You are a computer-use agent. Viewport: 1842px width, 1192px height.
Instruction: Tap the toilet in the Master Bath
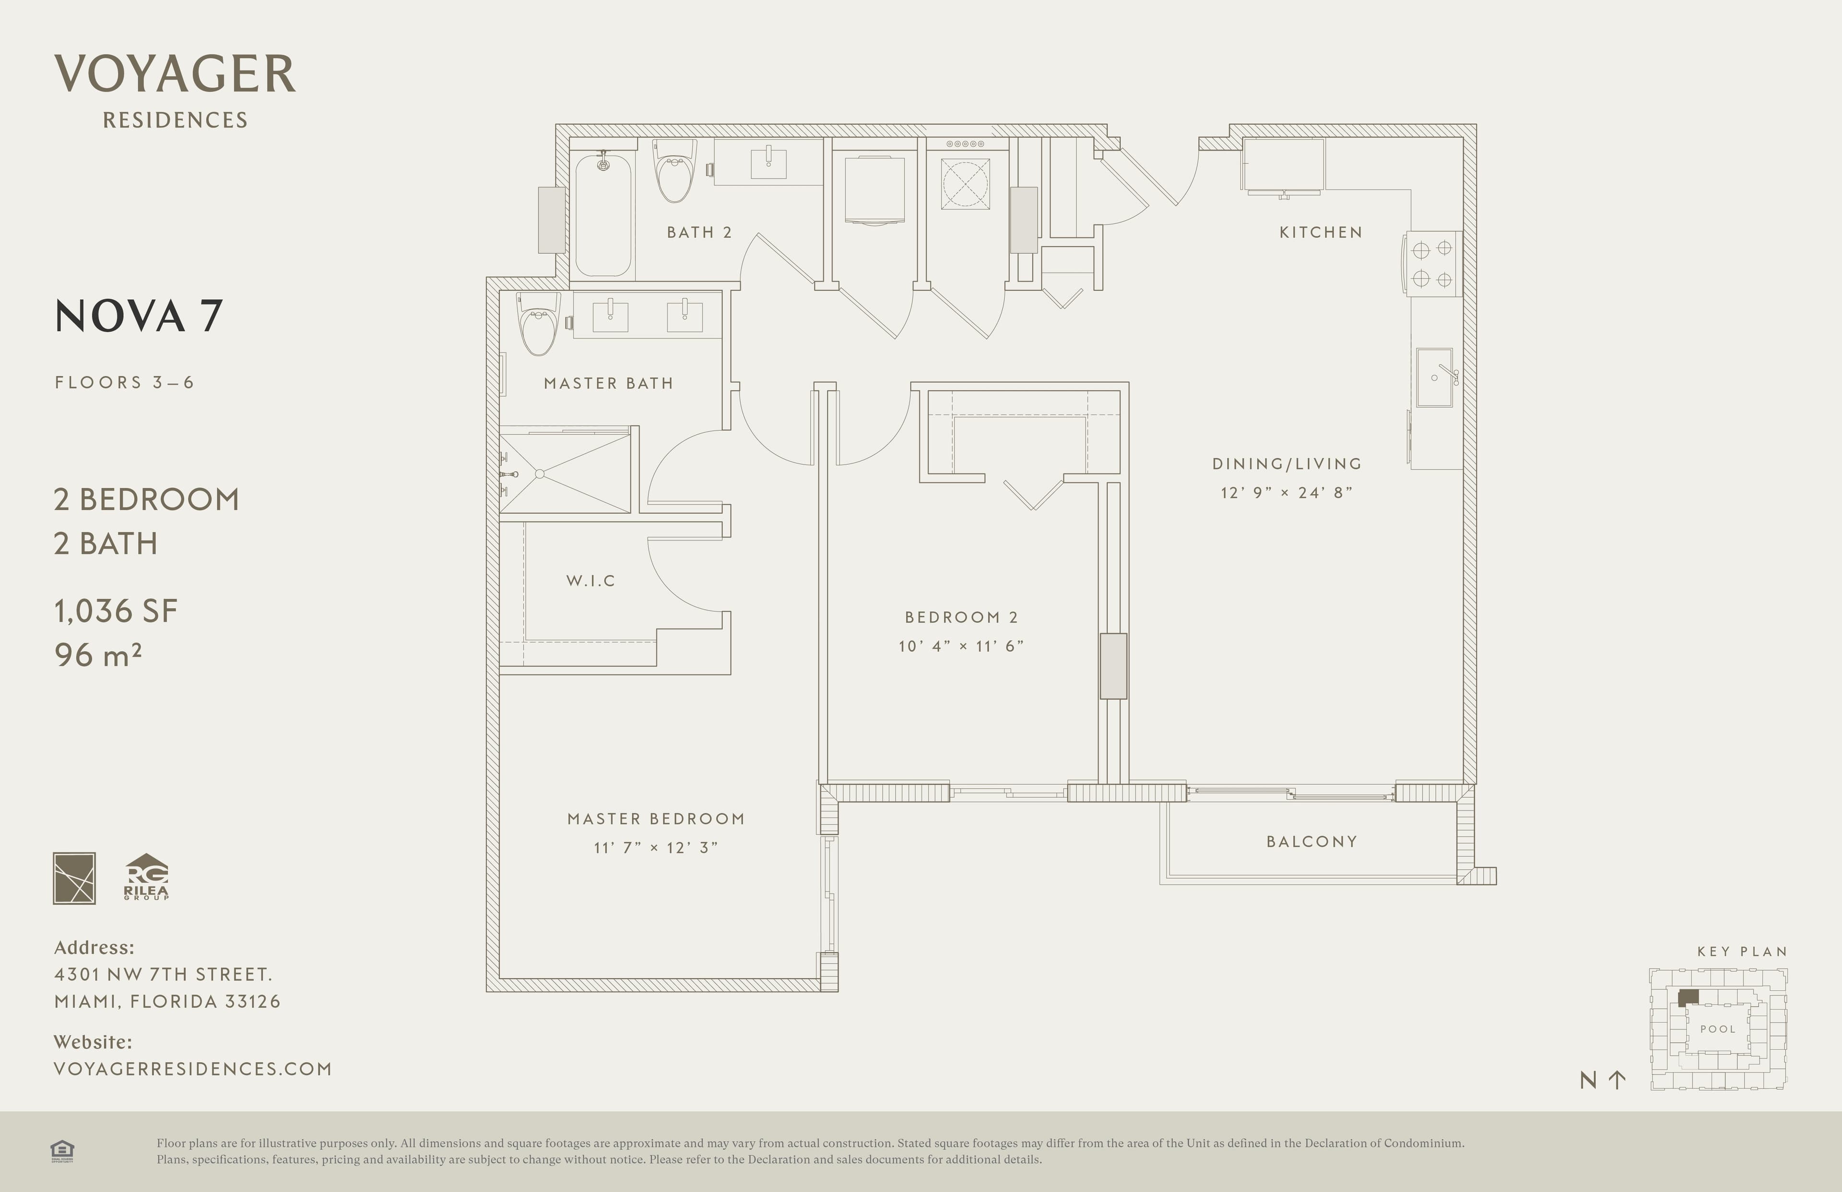(x=538, y=323)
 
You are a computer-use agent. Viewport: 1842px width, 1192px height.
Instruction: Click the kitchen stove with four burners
(x=1432, y=263)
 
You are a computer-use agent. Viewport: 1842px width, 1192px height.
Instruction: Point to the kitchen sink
(x=1435, y=378)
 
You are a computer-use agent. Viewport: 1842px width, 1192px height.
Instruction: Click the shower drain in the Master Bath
(x=540, y=474)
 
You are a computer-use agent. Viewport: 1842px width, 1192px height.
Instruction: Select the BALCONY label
(x=1312, y=841)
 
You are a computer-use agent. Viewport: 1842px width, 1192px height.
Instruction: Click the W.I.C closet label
(x=590, y=580)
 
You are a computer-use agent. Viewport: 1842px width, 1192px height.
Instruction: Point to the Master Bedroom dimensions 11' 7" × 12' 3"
(x=656, y=848)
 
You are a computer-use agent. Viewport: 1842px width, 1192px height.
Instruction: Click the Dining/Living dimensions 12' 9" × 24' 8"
(x=1287, y=492)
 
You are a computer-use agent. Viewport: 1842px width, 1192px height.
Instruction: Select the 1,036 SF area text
(x=116, y=612)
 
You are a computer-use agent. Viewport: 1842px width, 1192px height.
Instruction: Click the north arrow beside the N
(x=1617, y=1080)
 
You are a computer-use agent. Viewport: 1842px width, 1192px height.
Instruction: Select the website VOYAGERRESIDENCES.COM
(x=193, y=1069)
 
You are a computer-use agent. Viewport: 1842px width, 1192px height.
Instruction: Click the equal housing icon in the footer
(x=62, y=1151)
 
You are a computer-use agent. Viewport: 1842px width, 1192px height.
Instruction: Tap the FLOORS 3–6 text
(x=124, y=382)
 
